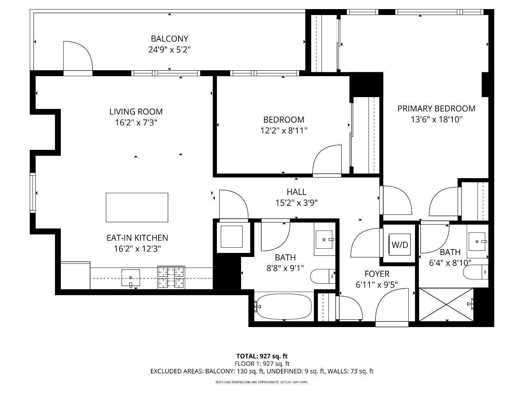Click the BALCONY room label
point(169,38)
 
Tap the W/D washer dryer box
point(400,245)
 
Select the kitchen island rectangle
point(137,207)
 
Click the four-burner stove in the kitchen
point(171,277)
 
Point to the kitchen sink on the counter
point(131,278)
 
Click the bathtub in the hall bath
point(283,306)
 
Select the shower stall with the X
point(446,304)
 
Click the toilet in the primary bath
point(475,272)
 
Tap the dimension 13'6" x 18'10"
point(436,119)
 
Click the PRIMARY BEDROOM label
point(436,109)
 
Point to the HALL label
point(296,192)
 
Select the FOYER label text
point(377,274)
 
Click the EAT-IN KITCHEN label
point(137,238)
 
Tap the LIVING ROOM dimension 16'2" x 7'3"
point(136,123)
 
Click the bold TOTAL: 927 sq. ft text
point(262,356)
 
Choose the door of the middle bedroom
point(327,160)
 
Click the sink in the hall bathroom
point(325,240)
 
